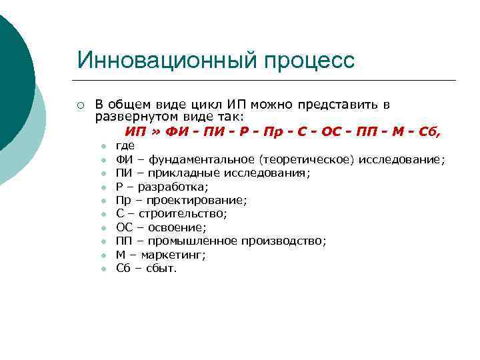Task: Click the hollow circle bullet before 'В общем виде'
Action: [x=80, y=105]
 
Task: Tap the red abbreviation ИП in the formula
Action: [x=135, y=131]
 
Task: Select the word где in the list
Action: [x=125, y=145]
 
